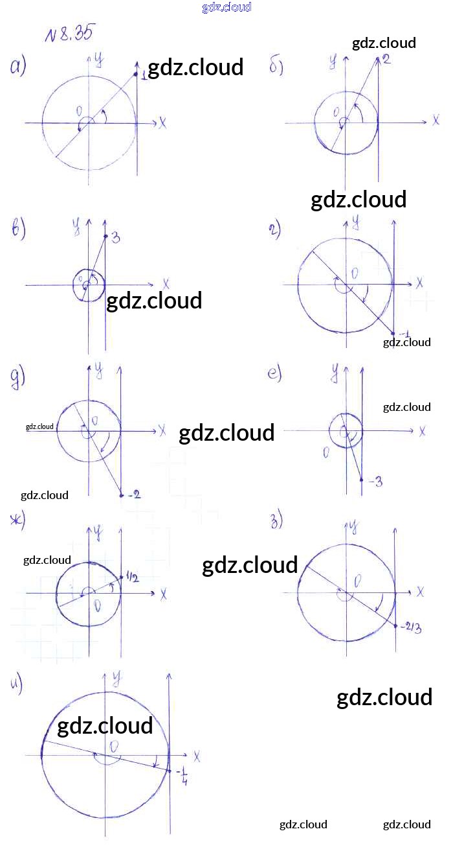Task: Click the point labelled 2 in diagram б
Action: coord(378,59)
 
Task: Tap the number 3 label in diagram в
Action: coord(115,238)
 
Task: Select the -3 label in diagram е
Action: coord(375,482)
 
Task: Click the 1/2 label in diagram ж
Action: coord(132,578)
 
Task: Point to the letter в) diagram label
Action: coord(19,229)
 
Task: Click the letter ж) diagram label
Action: coord(16,520)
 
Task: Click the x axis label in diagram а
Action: coord(162,122)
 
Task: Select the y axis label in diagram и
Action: coord(117,679)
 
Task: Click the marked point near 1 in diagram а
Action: coord(136,75)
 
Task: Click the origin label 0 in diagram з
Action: coord(358,579)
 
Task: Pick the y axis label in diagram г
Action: coord(355,223)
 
